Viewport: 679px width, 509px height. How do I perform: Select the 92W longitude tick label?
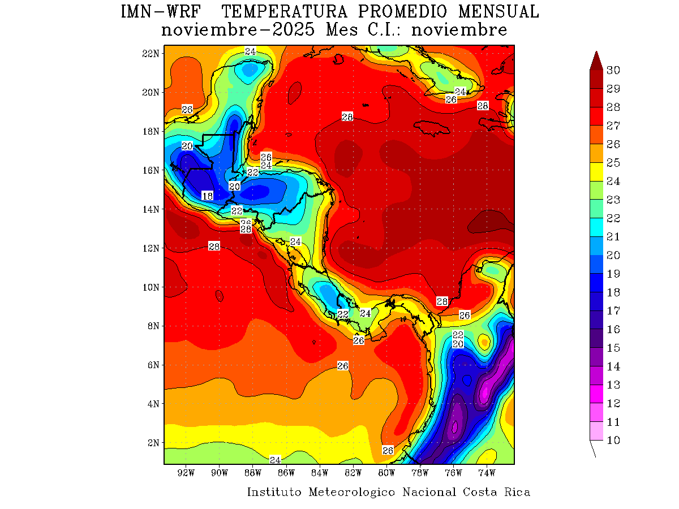(186, 473)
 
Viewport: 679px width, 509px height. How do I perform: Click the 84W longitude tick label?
(320, 473)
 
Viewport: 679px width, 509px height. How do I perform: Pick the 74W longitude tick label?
(487, 473)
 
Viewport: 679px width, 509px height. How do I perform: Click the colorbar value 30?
(613, 70)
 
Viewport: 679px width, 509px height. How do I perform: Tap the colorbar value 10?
(613, 441)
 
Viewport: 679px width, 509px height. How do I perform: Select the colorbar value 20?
(613, 255)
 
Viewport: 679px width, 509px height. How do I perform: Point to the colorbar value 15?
(613, 348)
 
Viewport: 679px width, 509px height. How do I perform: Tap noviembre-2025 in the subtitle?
(238, 30)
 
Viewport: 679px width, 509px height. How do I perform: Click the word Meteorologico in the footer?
(352, 492)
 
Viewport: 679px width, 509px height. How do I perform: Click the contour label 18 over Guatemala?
(207, 196)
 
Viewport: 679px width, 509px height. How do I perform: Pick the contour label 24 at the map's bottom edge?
(276, 459)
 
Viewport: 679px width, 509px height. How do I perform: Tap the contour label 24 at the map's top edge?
(250, 51)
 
